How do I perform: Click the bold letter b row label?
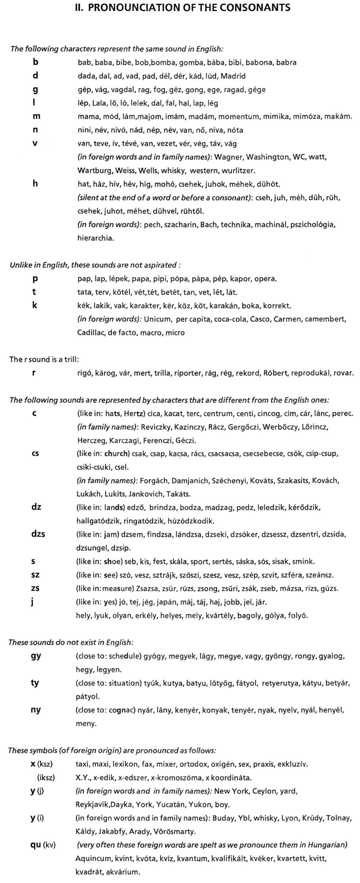click(35, 62)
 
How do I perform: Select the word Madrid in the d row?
click(233, 76)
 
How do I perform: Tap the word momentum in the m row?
click(239, 117)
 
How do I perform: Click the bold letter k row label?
click(35, 305)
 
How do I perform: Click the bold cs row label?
click(35, 453)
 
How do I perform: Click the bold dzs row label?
click(38, 534)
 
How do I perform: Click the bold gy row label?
click(36, 656)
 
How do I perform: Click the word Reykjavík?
click(92, 804)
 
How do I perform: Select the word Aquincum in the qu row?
click(92, 859)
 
